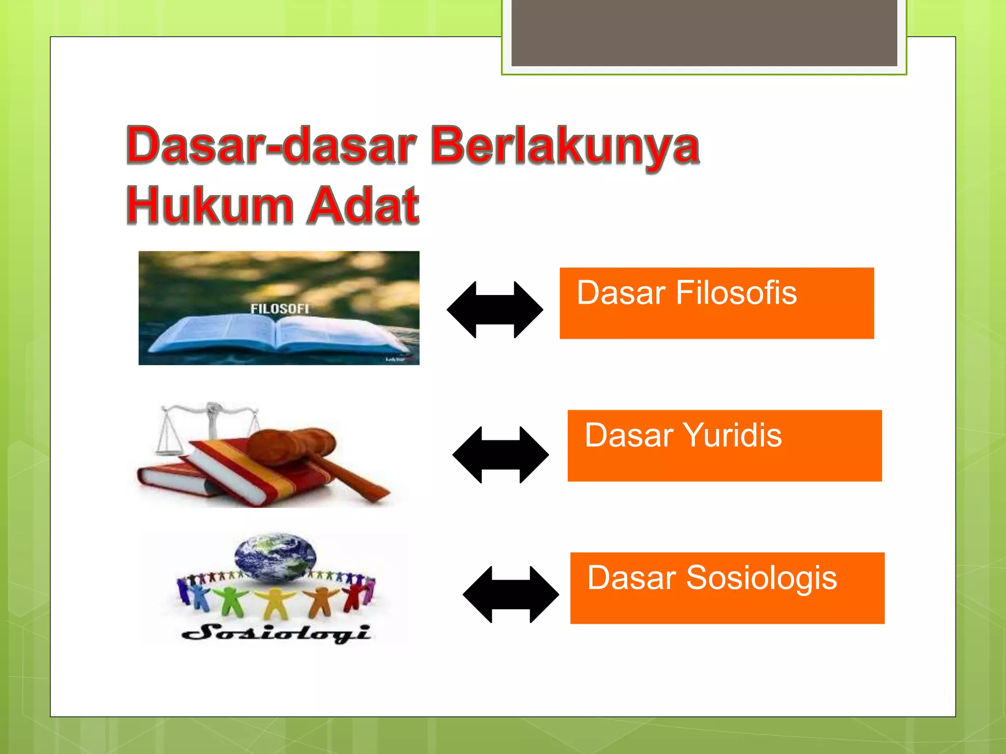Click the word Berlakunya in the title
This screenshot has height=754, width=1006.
tap(565, 146)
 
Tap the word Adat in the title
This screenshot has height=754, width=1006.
tap(363, 206)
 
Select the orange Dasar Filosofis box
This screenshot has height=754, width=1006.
tap(716, 303)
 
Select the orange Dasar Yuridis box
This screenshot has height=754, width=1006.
tap(724, 446)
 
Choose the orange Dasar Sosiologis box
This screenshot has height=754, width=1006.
tap(727, 588)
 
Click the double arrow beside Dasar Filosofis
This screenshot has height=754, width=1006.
tap(495, 310)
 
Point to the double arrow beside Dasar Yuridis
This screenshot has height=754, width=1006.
tap(500, 455)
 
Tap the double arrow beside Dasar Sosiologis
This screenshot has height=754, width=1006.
tap(510, 594)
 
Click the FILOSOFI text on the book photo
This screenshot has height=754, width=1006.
tap(279, 309)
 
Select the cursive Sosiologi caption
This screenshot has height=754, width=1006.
tap(276, 633)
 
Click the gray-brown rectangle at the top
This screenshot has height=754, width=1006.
tap(704, 32)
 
